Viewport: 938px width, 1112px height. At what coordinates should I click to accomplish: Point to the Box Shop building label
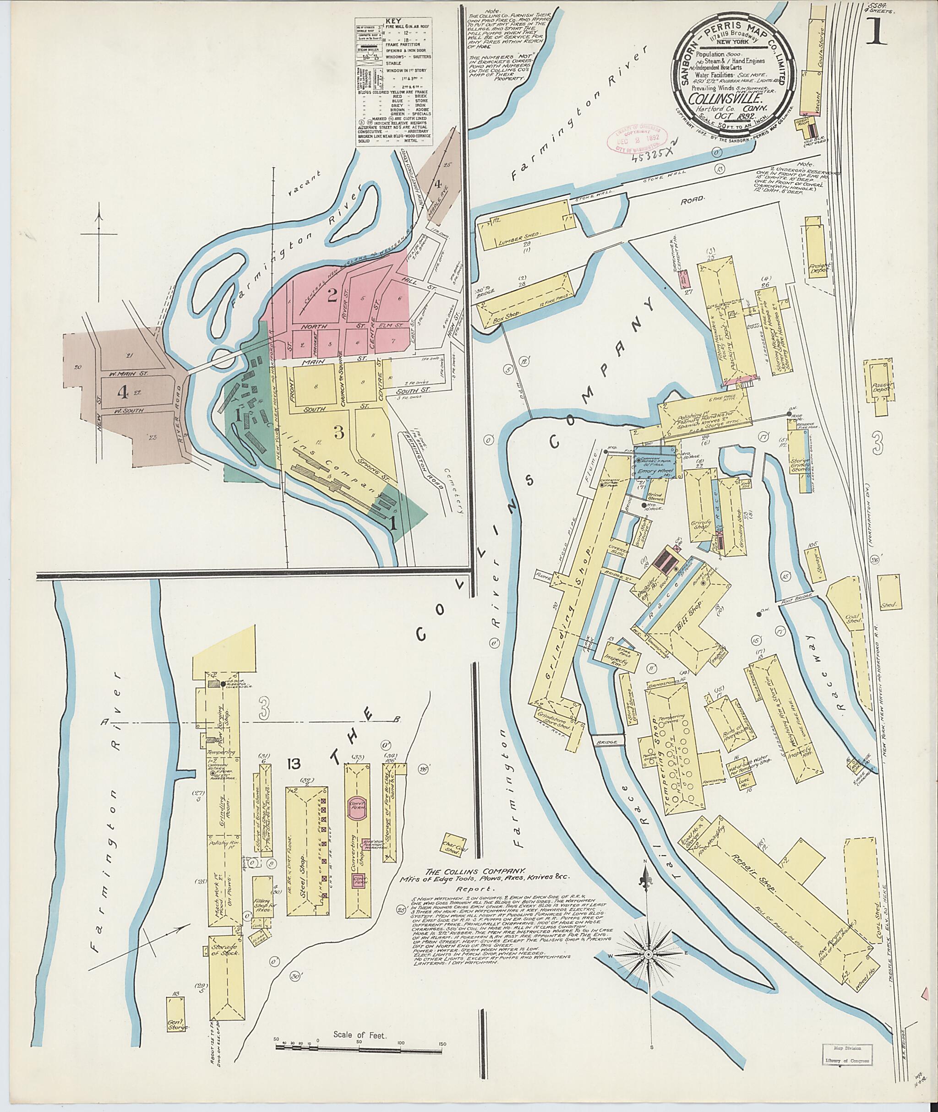pyautogui.click(x=505, y=313)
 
